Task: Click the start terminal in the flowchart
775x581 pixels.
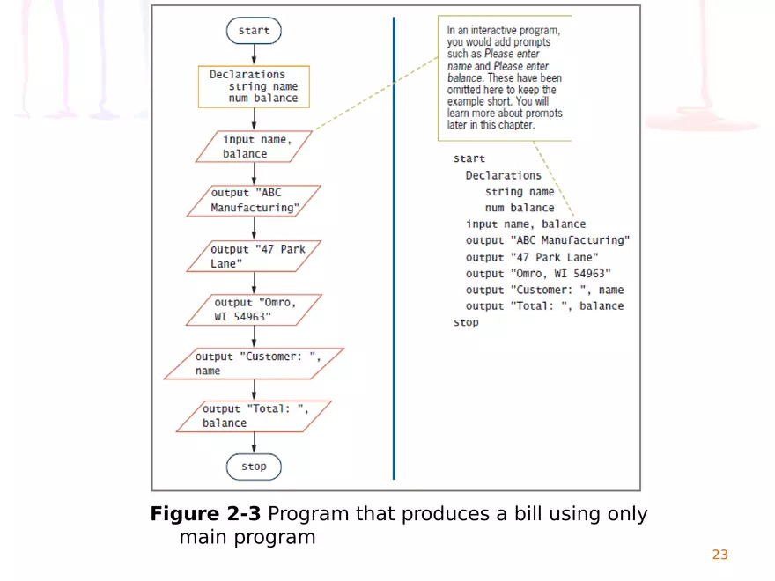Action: (254, 31)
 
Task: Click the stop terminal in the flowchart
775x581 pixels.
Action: (254, 467)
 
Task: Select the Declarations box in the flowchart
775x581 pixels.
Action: (254, 86)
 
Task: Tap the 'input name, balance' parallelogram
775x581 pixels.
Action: (255, 146)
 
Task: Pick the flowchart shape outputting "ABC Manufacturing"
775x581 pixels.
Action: (254, 201)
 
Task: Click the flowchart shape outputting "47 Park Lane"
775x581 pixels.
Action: (254, 256)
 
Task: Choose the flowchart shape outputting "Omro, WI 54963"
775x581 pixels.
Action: (254, 310)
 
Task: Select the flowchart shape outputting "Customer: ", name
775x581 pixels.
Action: (254, 364)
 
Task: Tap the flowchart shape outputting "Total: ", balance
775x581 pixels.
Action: (254, 416)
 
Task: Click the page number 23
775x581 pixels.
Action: (720, 555)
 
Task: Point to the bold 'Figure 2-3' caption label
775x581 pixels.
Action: (205, 514)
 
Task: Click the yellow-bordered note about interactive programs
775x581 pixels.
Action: (505, 77)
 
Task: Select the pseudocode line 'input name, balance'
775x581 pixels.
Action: (525, 224)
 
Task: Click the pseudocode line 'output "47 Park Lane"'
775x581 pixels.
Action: (532, 257)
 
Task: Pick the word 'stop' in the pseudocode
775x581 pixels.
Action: (466, 322)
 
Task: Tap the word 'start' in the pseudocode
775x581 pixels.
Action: (469, 158)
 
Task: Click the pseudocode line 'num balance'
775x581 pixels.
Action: (520, 208)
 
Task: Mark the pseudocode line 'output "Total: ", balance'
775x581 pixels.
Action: (544, 306)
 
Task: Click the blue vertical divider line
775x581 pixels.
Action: (394, 246)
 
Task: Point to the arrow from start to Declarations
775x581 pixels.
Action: (254, 55)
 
